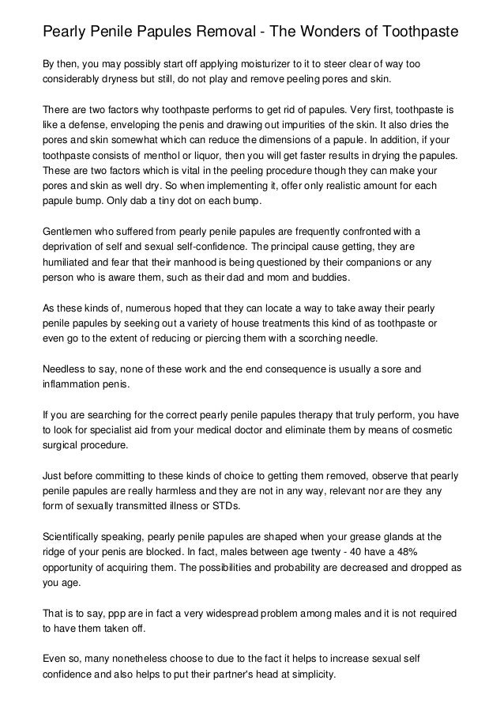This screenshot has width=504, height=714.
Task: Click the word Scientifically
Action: (77, 535)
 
